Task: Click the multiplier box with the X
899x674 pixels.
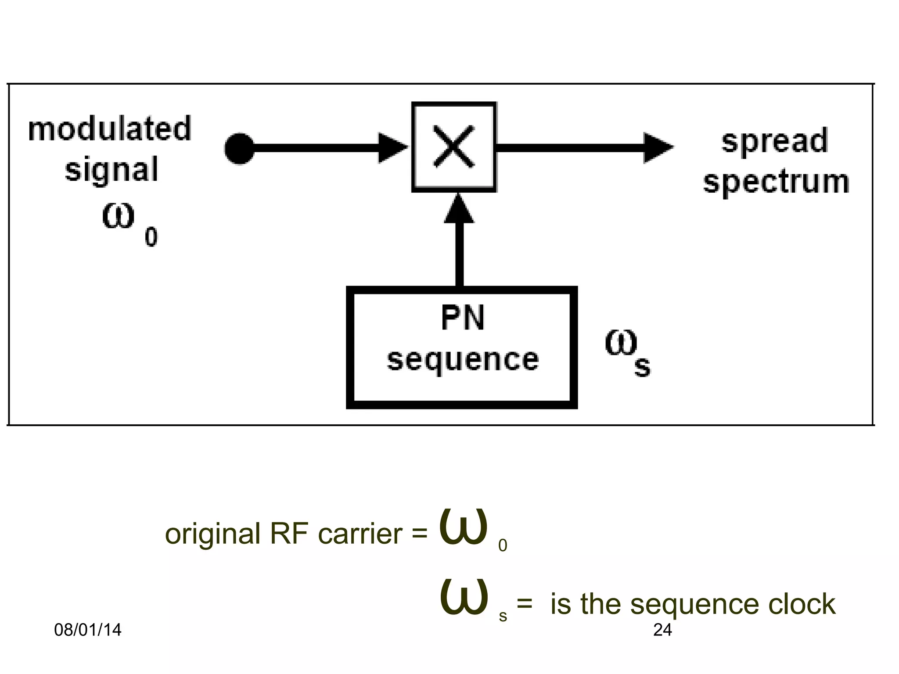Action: pyautogui.click(x=454, y=147)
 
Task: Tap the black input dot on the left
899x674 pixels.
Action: pyautogui.click(x=239, y=148)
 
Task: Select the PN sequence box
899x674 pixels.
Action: pyautogui.click(x=462, y=347)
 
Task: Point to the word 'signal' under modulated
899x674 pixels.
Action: pyautogui.click(x=111, y=170)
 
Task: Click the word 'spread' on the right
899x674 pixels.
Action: pyautogui.click(x=775, y=141)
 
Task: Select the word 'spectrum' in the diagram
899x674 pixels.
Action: pyautogui.click(x=776, y=182)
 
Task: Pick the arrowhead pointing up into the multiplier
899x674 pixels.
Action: pyautogui.click(x=459, y=210)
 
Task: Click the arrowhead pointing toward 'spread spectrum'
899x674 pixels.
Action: pyautogui.click(x=657, y=148)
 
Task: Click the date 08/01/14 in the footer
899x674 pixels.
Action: pyautogui.click(x=87, y=630)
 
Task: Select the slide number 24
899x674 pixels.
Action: pyautogui.click(x=662, y=630)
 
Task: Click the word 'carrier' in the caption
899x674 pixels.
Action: pyautogui.click(x=360, y=534)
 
